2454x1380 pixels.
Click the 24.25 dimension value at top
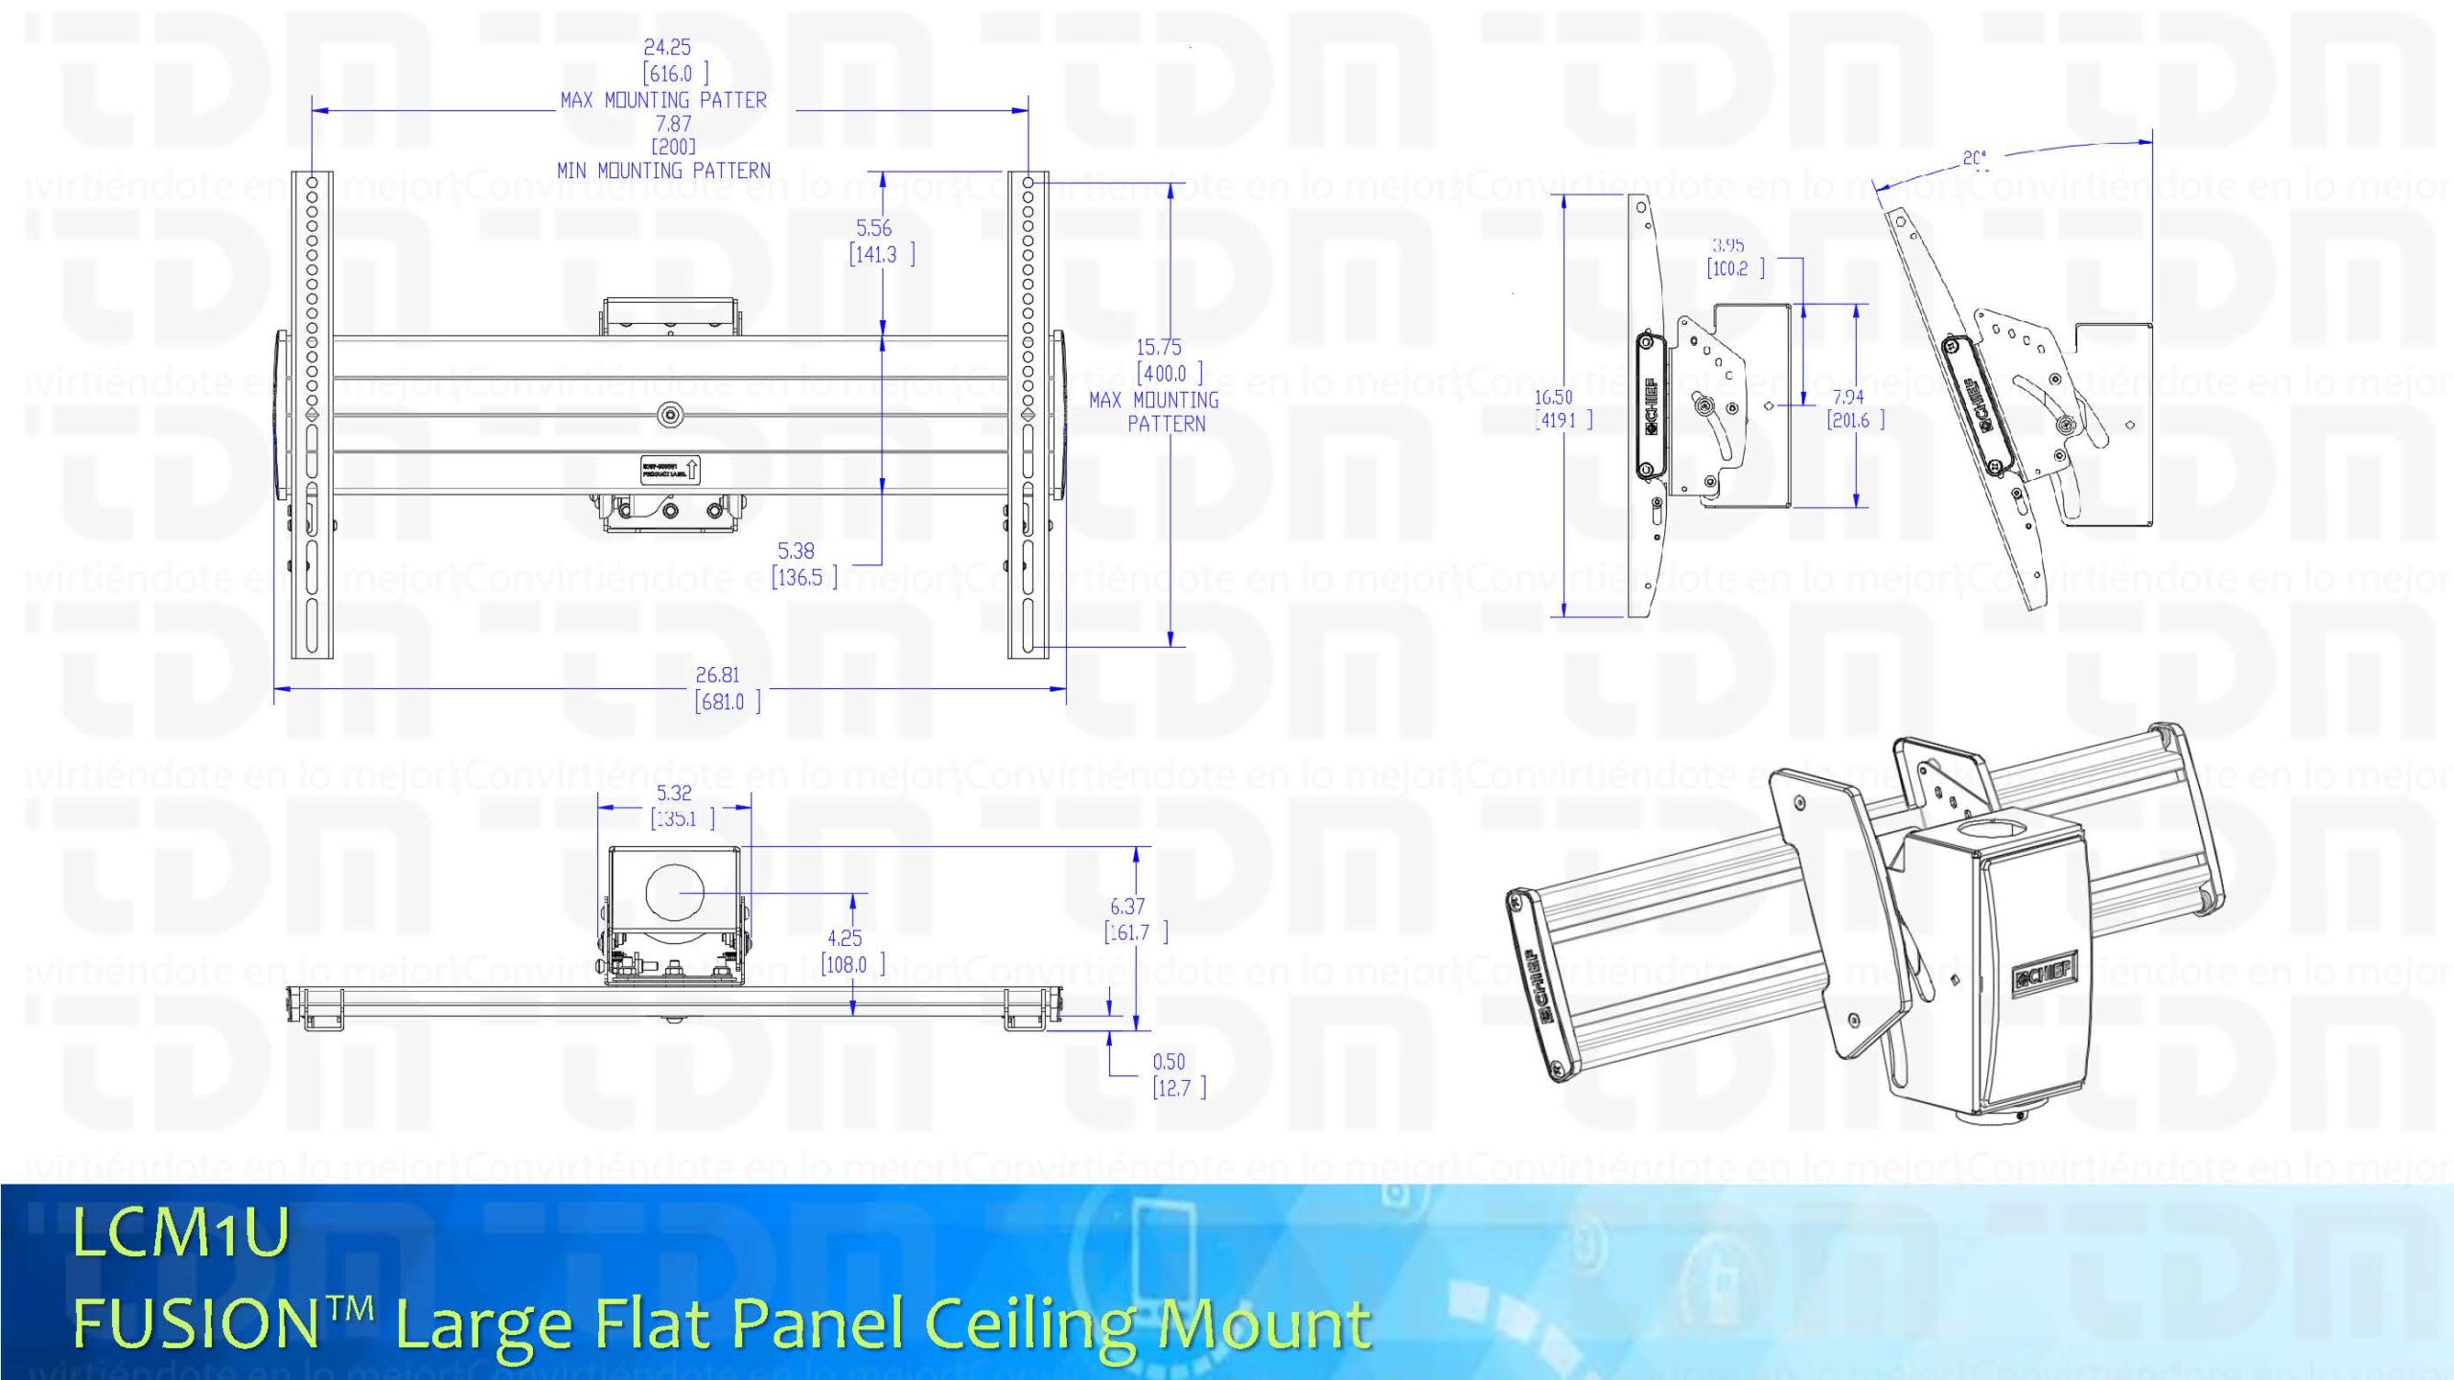click(667, 47)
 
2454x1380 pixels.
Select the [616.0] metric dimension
click(674, 74)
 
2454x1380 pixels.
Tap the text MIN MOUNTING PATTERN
click(663, 171)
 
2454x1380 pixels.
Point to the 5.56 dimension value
click(873, 228)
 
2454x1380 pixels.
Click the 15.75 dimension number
click(1159, 348)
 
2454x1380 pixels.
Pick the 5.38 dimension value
click(796, 551)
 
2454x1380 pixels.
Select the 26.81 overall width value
click(717, 676)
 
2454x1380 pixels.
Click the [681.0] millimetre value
click(727, 702)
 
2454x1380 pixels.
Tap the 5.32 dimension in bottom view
click(674, 793)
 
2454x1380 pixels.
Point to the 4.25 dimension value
click(845, 938)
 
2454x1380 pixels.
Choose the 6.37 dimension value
click(1127, 907)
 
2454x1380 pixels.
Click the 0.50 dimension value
click(1169, 1062)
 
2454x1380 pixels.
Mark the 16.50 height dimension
click(1553, 397)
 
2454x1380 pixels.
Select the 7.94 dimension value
click(1848, 397)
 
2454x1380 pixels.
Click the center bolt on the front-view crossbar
click(669, 415)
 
